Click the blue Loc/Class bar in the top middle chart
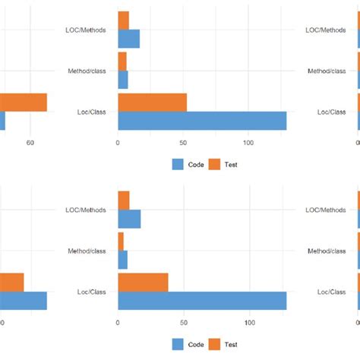(x=202, y=121)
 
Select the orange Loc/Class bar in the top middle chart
(x=152, y=103)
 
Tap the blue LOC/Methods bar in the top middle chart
(x=129, y=39)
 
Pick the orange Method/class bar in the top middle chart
(x=122, y=62)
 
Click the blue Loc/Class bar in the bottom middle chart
(x=202, y=301)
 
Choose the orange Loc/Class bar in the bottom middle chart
(x=143, y=283)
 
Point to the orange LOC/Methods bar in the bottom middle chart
(x=124, y=200)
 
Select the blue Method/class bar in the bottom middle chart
(x=123, y=260)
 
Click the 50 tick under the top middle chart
(x=183, y=143)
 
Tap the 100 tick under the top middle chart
(x=248, y=143)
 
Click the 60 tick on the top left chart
(x=30, y=143)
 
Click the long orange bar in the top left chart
(x=24, y=103)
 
